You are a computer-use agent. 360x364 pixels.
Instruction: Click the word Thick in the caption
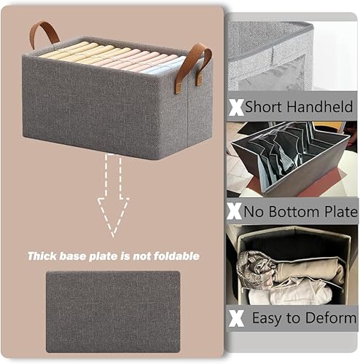pos(42,256)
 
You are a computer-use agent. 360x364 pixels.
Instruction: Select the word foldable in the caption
pos(179,256)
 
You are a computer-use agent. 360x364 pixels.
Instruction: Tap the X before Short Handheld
pos(235,106)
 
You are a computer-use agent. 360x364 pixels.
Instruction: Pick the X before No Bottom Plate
pos(235,212)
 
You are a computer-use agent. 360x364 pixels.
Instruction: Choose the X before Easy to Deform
pos(235,317)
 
